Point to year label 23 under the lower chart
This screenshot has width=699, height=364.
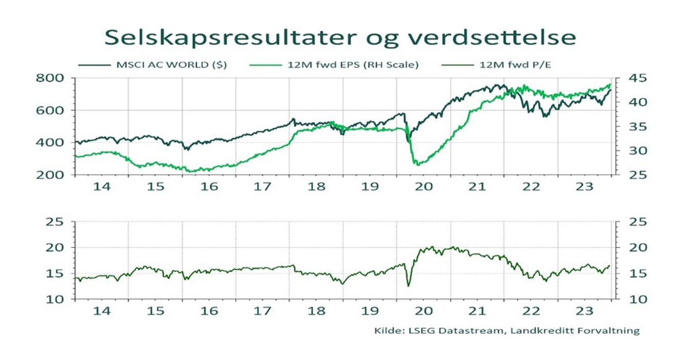(x=585, y=311)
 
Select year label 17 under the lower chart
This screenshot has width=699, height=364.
(x=263, y=311)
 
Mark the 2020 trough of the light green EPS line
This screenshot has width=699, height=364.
(x=417, y=165)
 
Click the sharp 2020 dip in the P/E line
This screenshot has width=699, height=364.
(x=408, y=286)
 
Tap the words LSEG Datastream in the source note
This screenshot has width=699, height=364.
(x=440, y=331)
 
